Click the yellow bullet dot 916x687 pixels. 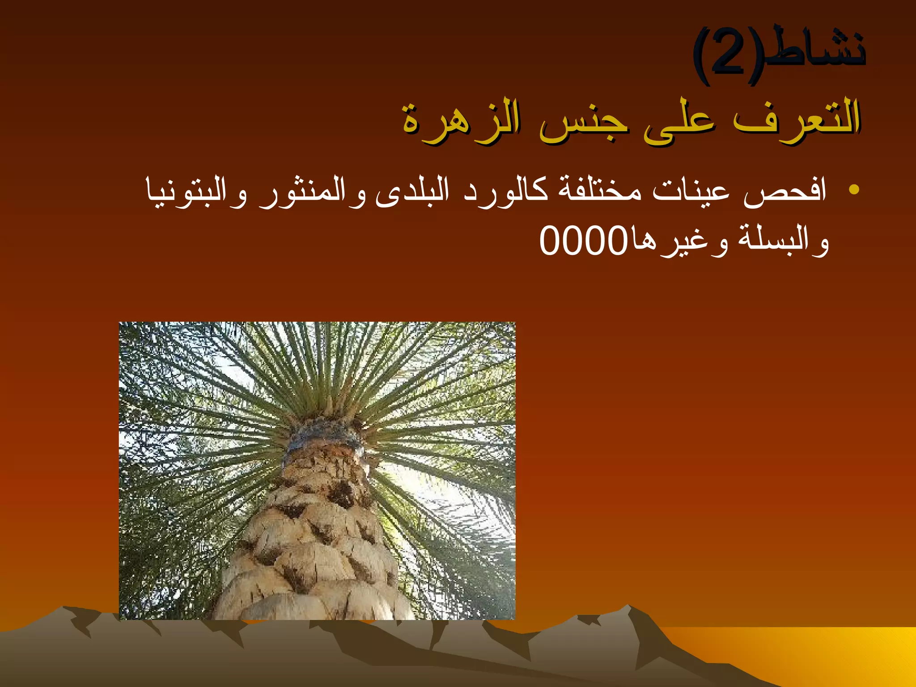point(854,189)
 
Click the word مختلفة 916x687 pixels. point(600,190)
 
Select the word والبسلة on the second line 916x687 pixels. point(783,241)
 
